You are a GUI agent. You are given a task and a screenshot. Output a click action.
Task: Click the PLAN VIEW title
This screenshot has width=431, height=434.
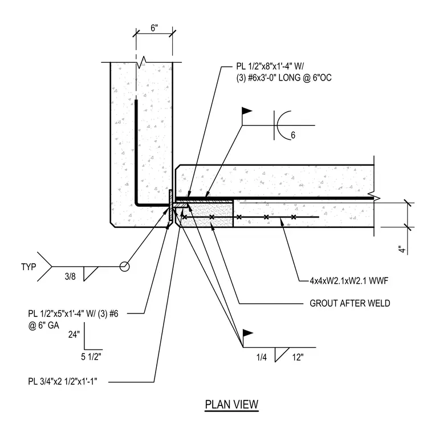pos(231,404)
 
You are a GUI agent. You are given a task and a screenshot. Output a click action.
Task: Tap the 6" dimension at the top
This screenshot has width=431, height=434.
pos(154,28)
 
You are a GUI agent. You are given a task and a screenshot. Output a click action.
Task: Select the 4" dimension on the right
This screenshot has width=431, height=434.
pos(403,249)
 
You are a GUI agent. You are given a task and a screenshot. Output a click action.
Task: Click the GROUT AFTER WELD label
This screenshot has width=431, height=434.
pos(350,303)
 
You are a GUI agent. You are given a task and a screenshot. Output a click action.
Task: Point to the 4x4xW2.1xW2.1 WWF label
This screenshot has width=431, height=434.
pos(349,281)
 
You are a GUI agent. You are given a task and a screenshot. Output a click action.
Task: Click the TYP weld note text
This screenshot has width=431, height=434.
pos(29,267)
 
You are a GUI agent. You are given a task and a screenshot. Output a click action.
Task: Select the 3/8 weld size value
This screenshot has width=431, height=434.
pos(70,276)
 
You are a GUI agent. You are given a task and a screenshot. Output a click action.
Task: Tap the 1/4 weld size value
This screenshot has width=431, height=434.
pos(262,357)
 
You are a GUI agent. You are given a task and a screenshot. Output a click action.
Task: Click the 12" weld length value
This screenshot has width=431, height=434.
pos(298,357)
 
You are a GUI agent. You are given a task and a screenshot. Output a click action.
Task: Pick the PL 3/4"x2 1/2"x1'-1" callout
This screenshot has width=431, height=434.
pos(63,381)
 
